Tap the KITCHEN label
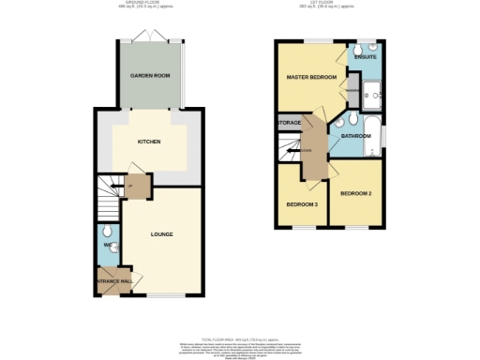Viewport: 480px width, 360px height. click(148, 142)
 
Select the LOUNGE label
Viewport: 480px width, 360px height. click(161, 233)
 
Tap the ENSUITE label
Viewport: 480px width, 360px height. click(364, 59)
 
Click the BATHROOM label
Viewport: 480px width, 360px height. click(356, 136)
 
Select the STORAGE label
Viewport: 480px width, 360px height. click(288, 123)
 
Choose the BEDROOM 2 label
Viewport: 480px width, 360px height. click(355, 194)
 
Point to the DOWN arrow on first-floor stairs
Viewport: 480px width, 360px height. click(306, 148)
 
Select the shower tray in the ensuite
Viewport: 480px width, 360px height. click(370, 91)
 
